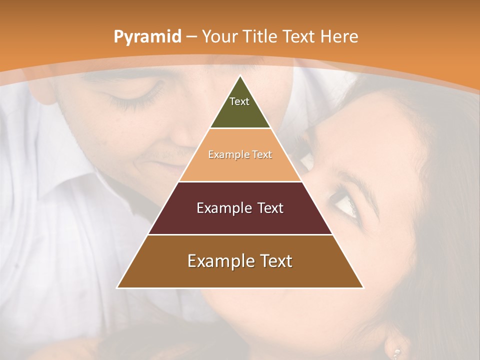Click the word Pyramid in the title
[x=147, y=36]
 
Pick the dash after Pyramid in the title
[x=191, y=37]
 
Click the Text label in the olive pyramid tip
[x=239, y=101]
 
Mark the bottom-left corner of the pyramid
[x=117, y=288]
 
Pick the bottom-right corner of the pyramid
[x=363, y=288]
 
